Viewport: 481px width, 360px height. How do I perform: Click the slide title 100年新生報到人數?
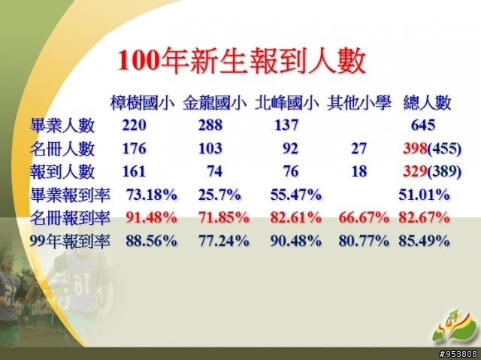point(242,60)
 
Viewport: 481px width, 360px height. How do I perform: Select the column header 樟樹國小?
point(143,103)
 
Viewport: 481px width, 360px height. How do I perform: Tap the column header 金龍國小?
point(215,103)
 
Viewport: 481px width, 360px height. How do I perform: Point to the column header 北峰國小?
point(287,103)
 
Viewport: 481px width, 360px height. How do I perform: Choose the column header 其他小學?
point(359,103)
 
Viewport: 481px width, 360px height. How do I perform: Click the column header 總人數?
point(428,103)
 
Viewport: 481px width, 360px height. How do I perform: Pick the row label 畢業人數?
point(62,126)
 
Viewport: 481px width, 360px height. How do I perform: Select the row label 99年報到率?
point(70,241)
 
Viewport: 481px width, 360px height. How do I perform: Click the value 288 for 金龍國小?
point(210,125)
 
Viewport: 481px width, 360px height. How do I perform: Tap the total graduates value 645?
point(423,125)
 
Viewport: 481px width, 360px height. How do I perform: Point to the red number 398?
point(415,148)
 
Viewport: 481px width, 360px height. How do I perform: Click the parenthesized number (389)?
point(444,171)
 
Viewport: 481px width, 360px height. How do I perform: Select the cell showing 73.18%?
point(152,195)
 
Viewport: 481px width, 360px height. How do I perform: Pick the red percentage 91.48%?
point(152,218)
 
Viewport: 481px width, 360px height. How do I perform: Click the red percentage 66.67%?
point(364,218)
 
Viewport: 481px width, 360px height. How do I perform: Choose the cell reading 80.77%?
point(364,241)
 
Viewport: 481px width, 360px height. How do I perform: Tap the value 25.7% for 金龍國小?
point(219,195)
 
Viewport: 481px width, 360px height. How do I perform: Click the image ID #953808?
point(458,354)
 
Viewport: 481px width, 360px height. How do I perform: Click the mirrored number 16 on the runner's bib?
point(79,283)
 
